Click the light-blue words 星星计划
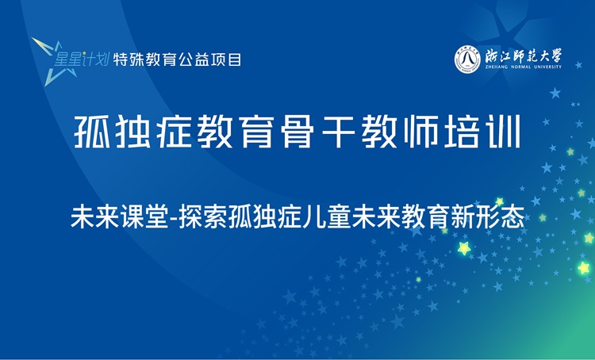(x=81, y=58)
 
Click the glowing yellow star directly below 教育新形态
(x=465, y=249)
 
